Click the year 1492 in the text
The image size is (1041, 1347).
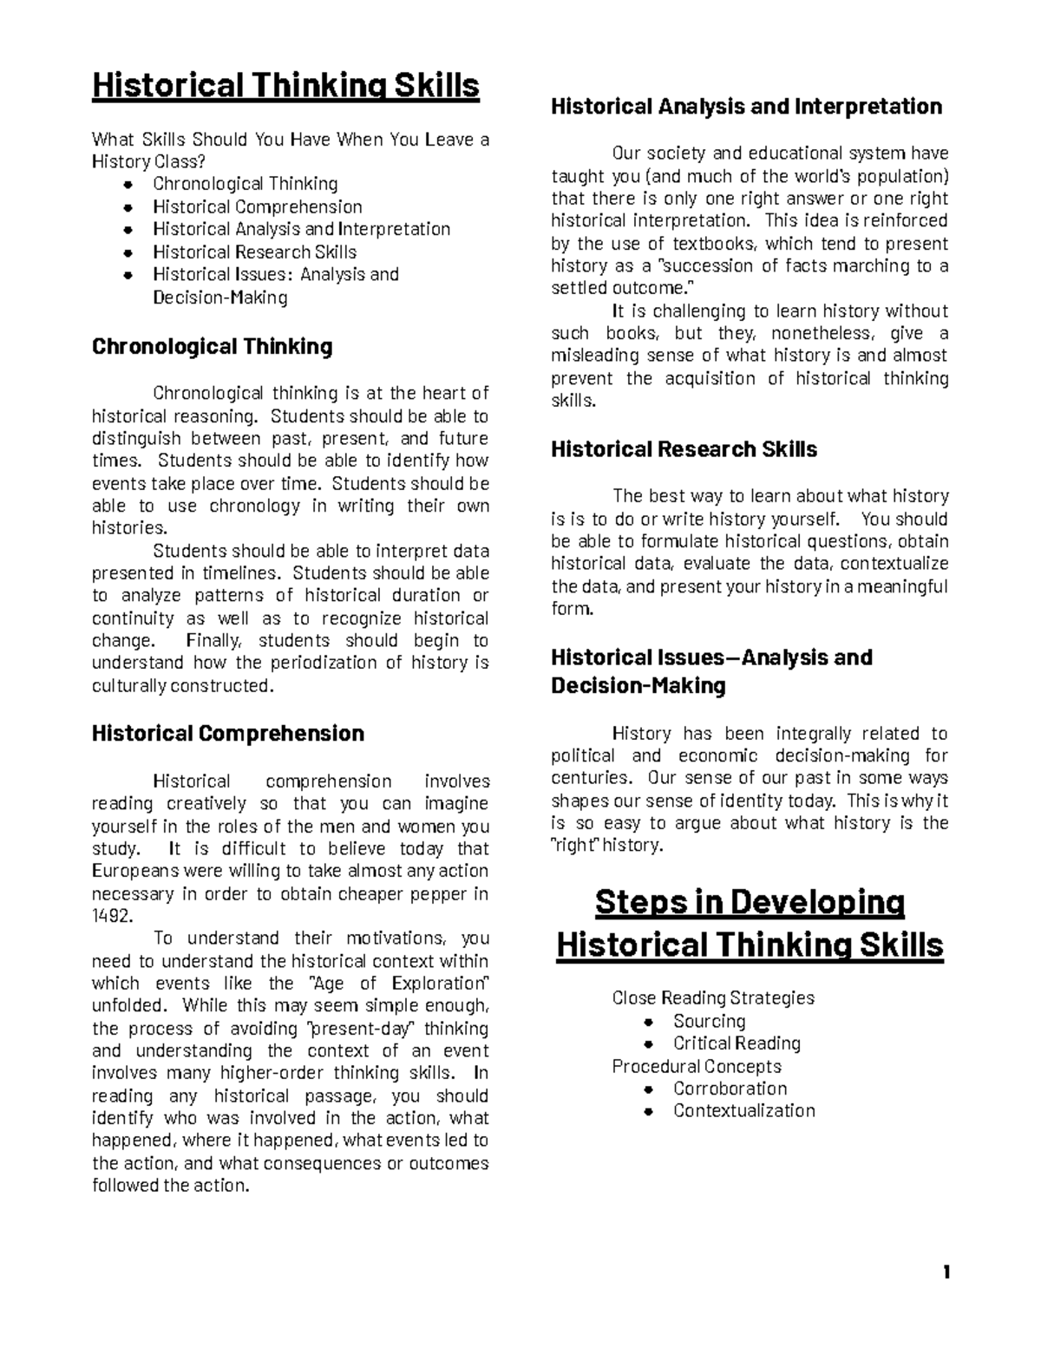coord(112,916)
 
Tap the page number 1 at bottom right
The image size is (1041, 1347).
coord(946,1272)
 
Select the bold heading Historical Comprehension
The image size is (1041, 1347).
coord(227,734)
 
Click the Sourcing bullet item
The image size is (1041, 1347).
coord(709,1021)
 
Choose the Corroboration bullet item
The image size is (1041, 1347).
coord(730,1089)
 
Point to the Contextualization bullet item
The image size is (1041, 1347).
coord(743,1110)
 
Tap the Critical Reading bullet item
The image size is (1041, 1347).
coord(737,1043)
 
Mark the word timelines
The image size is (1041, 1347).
coord(237,573)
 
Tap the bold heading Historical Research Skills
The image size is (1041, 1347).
coord(684,449)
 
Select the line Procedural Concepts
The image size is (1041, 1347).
coord(696,1066)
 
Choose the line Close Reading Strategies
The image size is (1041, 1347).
coord(712,997)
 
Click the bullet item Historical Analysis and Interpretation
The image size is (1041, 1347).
coord(301,229)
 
